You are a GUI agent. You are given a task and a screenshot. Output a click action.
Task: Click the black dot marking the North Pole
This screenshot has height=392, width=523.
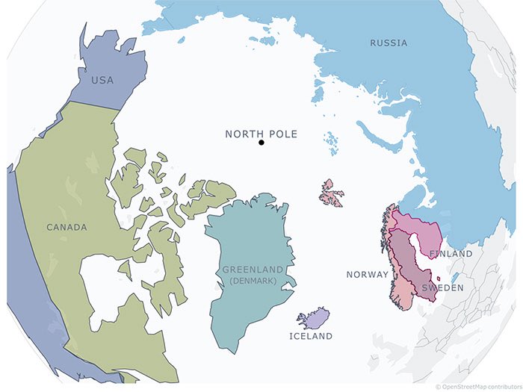(261, 142)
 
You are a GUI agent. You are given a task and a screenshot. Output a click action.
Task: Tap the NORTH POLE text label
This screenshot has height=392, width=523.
(261, 134)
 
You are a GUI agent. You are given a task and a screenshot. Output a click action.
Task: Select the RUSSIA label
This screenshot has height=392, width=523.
(389, 43)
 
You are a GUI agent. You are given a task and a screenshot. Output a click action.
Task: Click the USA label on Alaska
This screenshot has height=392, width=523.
(102, 80)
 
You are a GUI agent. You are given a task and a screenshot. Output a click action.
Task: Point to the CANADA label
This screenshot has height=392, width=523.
(66, 227)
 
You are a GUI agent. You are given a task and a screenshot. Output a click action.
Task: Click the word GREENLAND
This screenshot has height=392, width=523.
(253, 270)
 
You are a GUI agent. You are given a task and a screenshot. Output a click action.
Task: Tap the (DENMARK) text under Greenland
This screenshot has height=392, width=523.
(253, 280)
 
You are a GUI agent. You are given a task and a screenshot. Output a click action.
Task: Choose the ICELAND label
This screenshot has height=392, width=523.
(311, 337)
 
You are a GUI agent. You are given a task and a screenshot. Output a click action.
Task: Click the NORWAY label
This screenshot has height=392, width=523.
(367, 275)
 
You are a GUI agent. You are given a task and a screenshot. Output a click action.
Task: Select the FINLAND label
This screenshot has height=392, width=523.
(451, 254)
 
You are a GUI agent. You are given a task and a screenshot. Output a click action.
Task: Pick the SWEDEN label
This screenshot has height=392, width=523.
(442, 287)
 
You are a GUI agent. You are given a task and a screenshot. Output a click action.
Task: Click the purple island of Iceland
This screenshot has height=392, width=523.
(314, 320)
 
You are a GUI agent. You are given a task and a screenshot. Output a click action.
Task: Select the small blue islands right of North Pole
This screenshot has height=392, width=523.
(330, 140)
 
